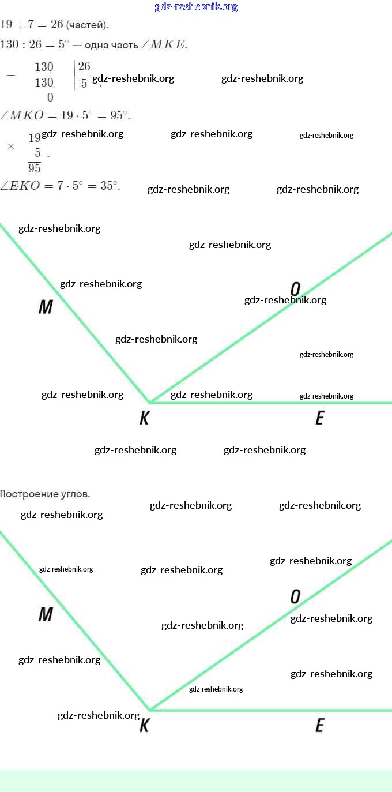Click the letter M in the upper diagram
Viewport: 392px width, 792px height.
(x=46, y=307)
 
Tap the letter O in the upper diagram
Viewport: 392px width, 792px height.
(x=295, y=288)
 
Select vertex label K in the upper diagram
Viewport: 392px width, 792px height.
(x=144, y=418)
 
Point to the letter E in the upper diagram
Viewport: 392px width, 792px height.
(x=320, y=418)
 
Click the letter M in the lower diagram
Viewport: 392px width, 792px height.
(x=46, y=614)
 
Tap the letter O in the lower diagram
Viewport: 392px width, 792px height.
(x=295, y=597)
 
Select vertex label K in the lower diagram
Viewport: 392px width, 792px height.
(x=144, y=726)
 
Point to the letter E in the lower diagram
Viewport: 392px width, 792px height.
(x=320, y=726)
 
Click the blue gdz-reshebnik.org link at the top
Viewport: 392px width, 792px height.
(x=196, y=7)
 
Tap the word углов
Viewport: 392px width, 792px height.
(x=75, y=494)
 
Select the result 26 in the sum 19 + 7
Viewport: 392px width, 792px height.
(x=56, y=25)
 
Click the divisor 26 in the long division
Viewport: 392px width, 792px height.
(x=84, y=66)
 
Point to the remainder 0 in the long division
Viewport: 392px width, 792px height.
(x=50, y=97)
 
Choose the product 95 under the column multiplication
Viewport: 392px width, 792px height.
(x=35, y=168)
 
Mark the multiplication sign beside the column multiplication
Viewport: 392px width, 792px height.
(x=10, y=147)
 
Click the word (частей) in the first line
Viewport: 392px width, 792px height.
(x=87, y=25)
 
